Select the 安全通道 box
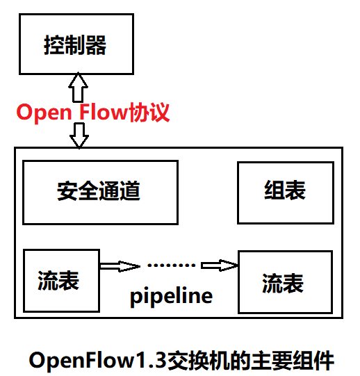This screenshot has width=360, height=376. [x=101, y=193]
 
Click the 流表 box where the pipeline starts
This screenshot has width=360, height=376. [x=60, y=280]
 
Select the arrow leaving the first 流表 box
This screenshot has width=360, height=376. [x=119, y=265]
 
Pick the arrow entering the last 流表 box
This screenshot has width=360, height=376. [x=219, y=265]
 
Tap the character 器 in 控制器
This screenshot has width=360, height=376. [x=97, y=46]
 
